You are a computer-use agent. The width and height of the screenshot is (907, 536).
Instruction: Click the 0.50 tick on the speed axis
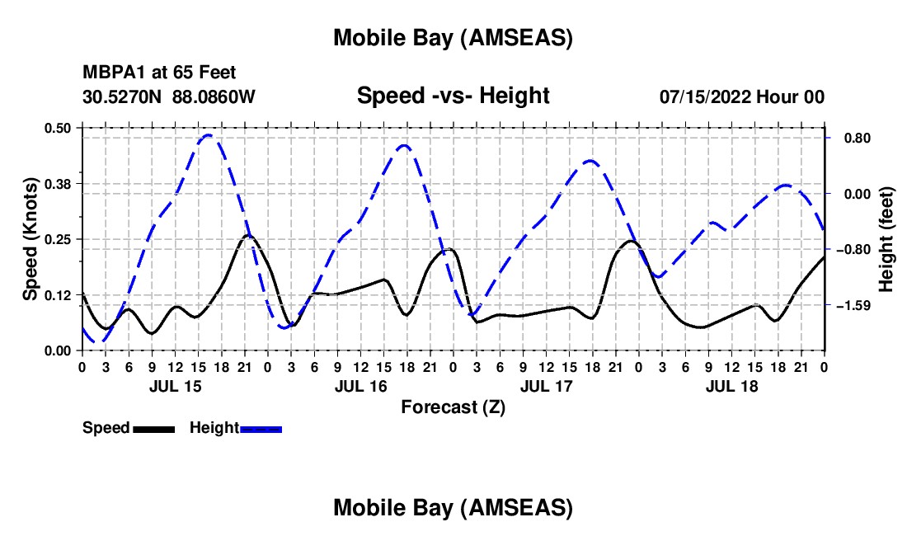57,127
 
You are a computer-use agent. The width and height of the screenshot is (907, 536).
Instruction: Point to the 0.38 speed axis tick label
57,183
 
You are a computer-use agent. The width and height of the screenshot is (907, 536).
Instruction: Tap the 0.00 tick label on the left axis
57,350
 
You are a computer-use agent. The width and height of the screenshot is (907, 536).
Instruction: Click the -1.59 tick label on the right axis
849,306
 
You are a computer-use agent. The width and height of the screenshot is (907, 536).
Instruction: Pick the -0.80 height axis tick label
849,250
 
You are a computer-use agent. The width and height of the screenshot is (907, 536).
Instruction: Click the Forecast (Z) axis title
453,407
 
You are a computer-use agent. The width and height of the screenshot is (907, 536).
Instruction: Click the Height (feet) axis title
886,238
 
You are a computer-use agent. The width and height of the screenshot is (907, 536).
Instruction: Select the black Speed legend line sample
153,429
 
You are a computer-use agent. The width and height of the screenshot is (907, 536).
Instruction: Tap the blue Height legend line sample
261,429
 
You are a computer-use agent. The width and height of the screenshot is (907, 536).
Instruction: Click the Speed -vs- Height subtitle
453,96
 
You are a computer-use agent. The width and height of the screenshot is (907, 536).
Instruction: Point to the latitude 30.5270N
123,96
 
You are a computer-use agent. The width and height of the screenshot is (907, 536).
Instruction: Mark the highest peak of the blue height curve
209,135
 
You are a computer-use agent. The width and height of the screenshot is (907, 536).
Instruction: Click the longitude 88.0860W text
214,96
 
